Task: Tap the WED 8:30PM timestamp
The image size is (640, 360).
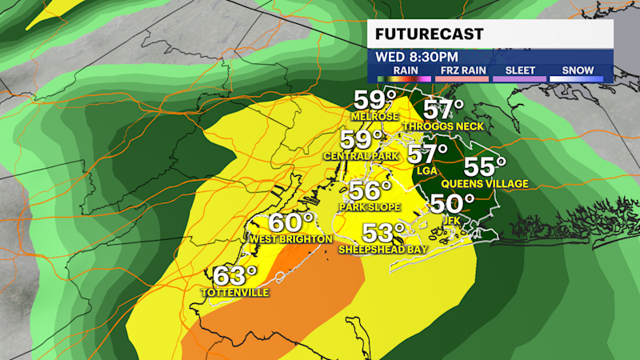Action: click(417, 58)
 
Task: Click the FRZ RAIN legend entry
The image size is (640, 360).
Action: click(461, 71)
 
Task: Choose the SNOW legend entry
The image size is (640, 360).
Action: click(578, 71)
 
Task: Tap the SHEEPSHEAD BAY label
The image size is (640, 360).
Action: click(383, 250)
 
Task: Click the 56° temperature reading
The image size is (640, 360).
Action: click(370, 190)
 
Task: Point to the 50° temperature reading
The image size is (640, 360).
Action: click(447, 204)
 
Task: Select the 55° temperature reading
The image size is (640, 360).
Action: click(485, 167)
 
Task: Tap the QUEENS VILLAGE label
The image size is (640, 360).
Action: click(495, 184)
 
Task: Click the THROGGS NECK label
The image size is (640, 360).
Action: click(445, 126)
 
